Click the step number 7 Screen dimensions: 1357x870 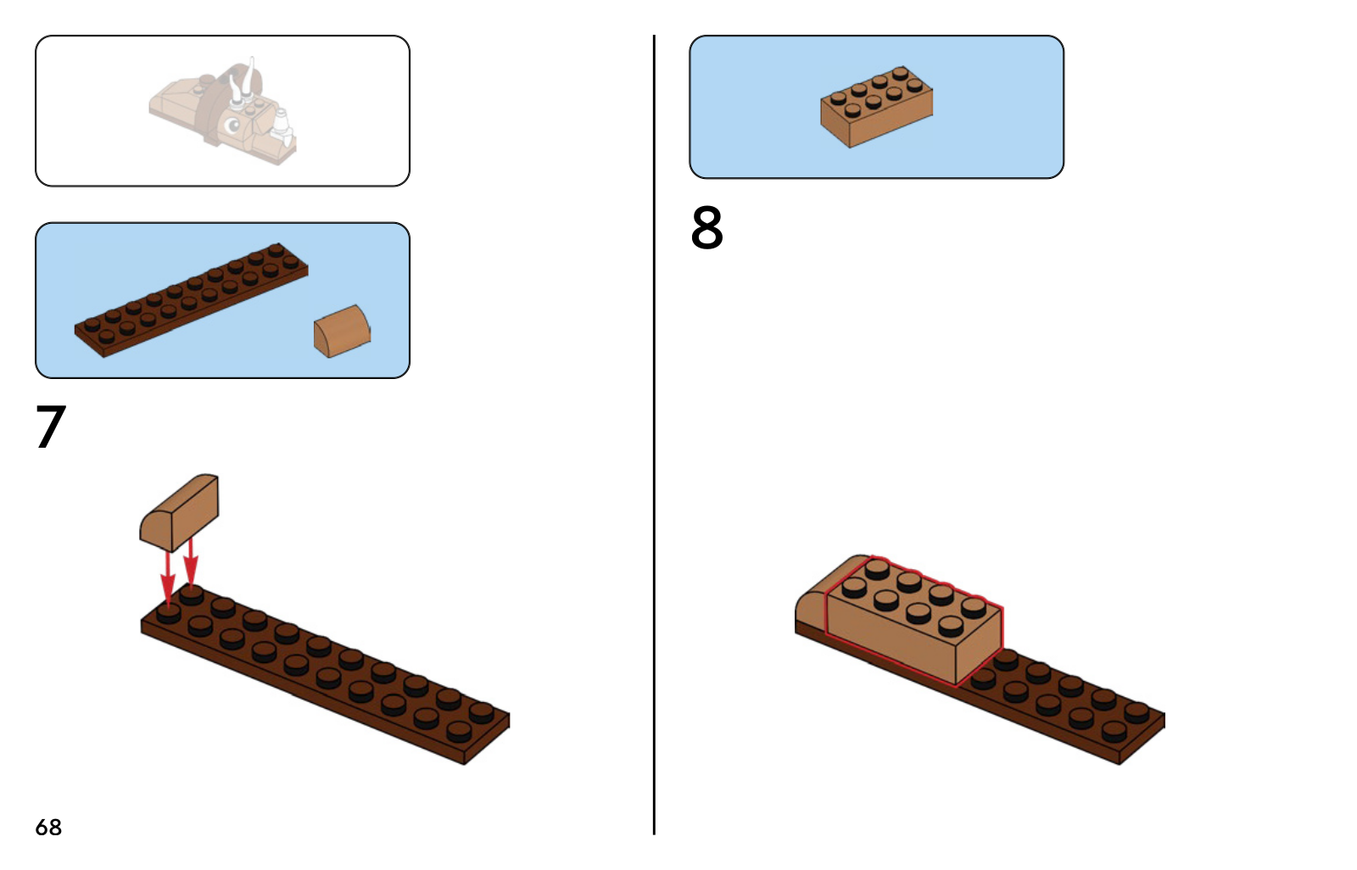51,427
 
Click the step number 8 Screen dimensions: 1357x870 707,227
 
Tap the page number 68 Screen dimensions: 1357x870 48,827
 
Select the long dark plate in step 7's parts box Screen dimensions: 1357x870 192,300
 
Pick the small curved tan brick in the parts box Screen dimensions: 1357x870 343,332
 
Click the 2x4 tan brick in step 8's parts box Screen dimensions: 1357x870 877,107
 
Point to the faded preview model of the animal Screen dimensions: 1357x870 223,111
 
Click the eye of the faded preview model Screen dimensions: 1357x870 232,125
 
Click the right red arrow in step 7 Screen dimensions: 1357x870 191,563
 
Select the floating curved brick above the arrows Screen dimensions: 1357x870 179,512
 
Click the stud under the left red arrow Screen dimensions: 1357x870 169,613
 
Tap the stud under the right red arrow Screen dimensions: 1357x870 192,595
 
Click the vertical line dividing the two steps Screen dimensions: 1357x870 654,434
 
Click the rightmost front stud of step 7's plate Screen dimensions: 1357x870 459,732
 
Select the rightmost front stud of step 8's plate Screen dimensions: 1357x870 1114,732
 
